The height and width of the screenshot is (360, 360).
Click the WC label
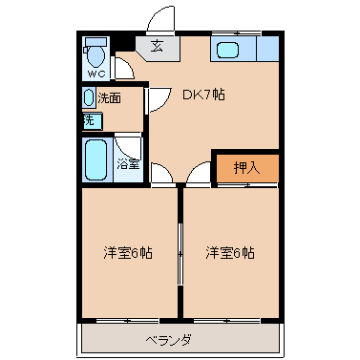click(96, 74)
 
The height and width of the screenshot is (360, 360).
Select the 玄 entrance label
click(157, 46)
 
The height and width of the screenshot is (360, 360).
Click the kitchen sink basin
click(227, 50)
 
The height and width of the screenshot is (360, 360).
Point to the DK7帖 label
click(203, 95)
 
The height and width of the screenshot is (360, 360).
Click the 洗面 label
click(109, 98)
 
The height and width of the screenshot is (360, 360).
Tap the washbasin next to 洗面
click(89, 97)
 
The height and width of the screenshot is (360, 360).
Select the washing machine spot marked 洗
click(93, 121)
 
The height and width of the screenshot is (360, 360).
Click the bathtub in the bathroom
click(95, 159)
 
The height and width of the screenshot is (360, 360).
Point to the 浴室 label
click(128, 164)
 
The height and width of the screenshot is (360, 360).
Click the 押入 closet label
click(246, 167)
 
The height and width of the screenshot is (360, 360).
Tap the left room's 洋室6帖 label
click(128, 253)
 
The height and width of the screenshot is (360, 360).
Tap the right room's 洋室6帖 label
click(230, 253)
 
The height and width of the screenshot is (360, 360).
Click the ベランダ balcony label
click(169, 341)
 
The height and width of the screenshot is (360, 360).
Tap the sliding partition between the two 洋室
click(180, 254)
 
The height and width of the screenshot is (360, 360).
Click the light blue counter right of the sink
click(267, 49)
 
